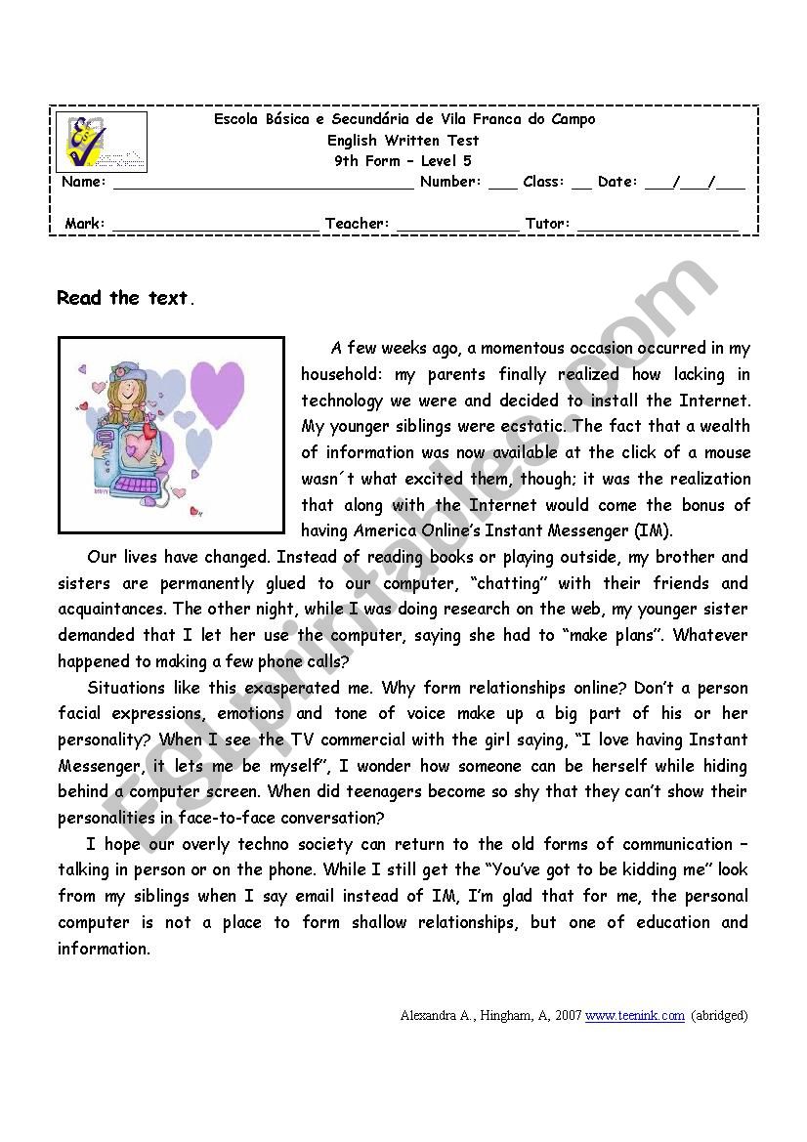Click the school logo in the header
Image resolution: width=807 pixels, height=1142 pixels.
point(102,142)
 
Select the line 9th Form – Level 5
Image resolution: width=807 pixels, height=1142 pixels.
point(403,161)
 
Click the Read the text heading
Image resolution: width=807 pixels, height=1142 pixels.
point(125,299)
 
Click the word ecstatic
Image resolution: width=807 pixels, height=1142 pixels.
point(531,426)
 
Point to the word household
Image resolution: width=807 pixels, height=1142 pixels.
point(339,374)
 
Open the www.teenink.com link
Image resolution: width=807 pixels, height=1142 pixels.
point(635,1015)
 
